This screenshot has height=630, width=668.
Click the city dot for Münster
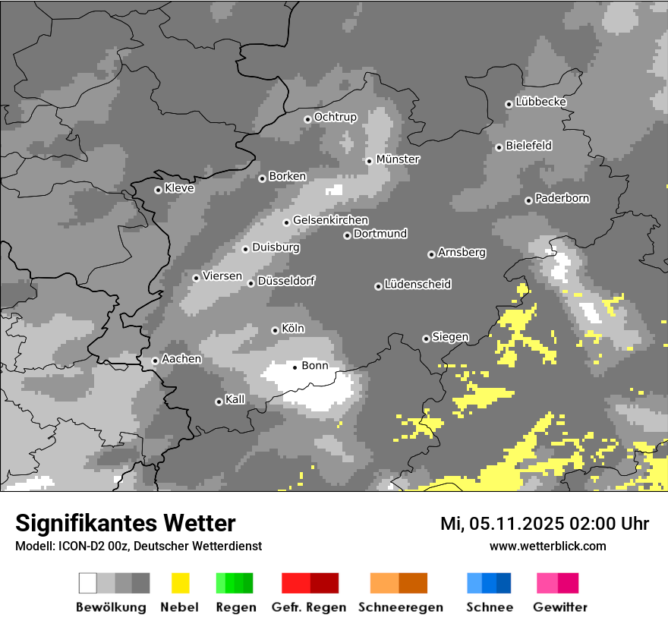coord(369,161)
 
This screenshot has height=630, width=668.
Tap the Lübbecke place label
coord(540,102)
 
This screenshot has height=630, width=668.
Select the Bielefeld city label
coord(528,145)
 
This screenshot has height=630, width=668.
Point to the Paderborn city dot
coord(528,200)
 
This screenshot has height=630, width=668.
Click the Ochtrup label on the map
coord(335,117)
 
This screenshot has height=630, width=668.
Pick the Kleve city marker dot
coord(158,190)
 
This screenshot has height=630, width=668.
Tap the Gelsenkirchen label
coord(330,220)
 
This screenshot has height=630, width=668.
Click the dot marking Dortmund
coord(347,235)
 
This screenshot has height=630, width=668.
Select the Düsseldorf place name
coord(286,281)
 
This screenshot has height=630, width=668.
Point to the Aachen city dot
coord(155,361)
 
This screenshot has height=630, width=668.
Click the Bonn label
coord(315,366)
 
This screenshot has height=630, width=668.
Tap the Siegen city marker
coord(426,339)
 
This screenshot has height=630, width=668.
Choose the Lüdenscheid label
coord(417,285)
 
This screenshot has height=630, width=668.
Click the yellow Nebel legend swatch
coord(180,583)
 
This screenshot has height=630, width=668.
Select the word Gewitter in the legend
coord(560,607)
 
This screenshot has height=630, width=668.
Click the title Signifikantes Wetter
coord(125,523)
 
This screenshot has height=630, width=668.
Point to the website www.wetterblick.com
coord(547,546)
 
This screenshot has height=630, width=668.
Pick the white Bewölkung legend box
coord(88,583)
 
